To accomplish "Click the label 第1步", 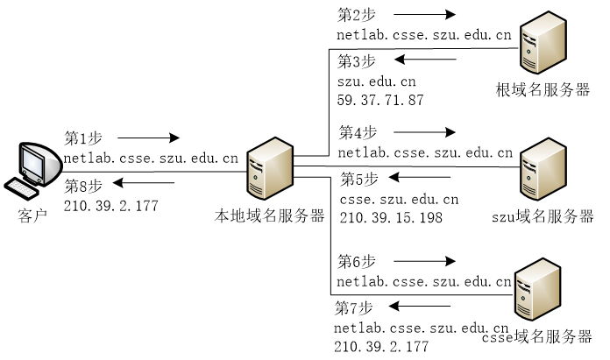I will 84,138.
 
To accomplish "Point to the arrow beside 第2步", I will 424,15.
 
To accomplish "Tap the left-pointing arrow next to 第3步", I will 424,60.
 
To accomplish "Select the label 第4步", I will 358,132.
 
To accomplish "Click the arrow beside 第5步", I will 424,180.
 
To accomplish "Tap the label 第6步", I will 358,261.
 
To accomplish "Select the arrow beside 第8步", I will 144,184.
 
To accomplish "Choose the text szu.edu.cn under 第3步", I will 376,81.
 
